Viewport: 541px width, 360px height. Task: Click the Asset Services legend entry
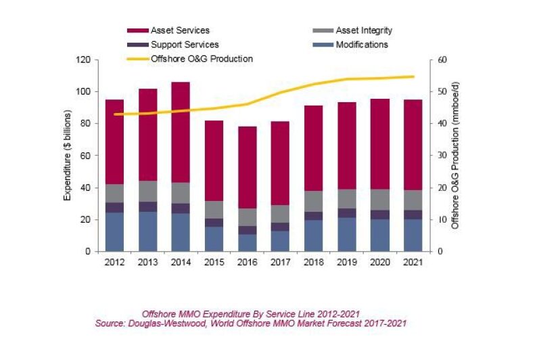coord(180,30)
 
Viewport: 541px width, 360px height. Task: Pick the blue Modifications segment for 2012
coord(114,232)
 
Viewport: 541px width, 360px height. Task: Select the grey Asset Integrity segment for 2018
coord(313,201)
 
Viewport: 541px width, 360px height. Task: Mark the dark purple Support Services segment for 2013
coord(147,206)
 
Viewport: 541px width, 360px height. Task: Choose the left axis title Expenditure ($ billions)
coord(68,156)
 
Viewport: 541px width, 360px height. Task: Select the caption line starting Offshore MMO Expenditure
coord(251,314)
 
